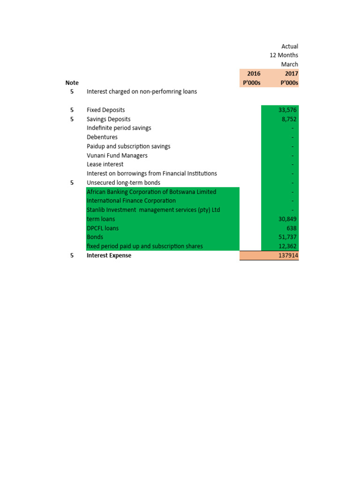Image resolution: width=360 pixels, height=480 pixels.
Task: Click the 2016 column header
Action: click(254, 74)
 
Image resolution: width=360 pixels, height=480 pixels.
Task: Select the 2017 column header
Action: click(291, 74)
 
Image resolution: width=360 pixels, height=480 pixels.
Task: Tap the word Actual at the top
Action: click(290, 46)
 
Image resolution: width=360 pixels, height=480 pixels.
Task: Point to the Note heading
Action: click(72, 83)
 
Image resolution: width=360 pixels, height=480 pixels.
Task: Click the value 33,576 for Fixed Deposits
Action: click(288, 110)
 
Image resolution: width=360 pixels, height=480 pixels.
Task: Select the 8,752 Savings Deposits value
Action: click(290, 119)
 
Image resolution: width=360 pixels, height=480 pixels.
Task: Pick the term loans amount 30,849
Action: click(288, 219)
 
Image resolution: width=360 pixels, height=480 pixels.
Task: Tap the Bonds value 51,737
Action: click(288, 237)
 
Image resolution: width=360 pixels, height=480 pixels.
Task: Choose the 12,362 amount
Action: click(288, 246)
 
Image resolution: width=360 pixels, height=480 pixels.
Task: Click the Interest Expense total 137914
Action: click(288, 255)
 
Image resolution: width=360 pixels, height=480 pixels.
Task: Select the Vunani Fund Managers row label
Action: click(117, 156)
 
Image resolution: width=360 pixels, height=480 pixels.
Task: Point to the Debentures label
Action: click(101, 137)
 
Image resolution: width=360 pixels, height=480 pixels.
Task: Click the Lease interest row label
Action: click(105, 165)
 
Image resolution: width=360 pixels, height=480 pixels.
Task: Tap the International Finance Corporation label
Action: click(131, 201)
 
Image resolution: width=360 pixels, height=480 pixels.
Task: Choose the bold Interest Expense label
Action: click(109, 255)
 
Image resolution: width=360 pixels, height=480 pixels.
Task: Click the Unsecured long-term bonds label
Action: click(123, 183)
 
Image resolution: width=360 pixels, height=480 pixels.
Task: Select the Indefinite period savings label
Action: click(119, 128)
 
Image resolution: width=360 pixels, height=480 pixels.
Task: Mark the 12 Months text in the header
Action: click(284, 55)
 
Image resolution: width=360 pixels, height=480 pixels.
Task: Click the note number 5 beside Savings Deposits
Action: click(72, 119)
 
